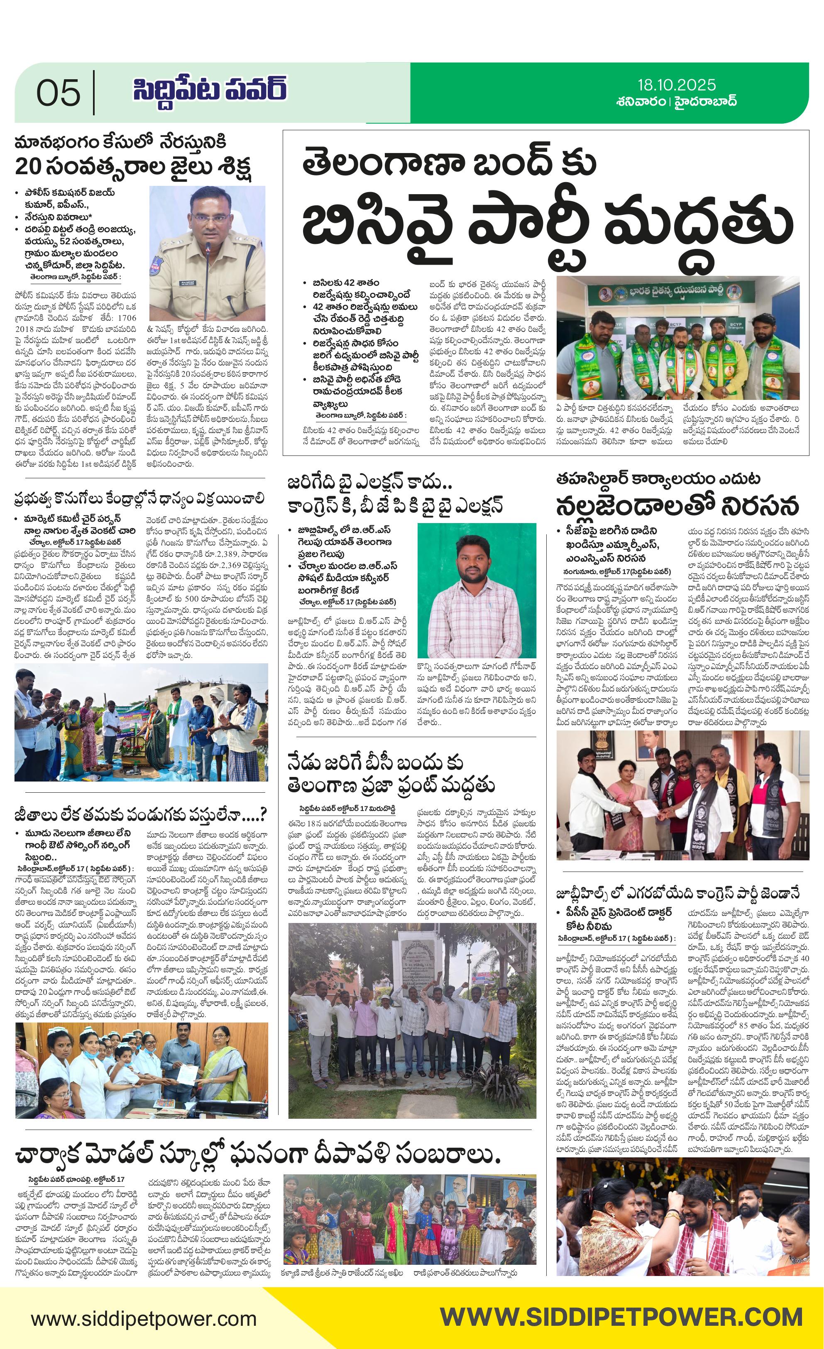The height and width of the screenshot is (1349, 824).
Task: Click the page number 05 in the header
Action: pos(58,93)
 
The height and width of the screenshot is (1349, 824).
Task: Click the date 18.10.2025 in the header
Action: pos(676,85)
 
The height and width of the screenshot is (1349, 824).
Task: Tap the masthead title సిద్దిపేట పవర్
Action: pos(209,90)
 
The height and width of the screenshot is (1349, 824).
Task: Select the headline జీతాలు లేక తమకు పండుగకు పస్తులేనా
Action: pos(140,815)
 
